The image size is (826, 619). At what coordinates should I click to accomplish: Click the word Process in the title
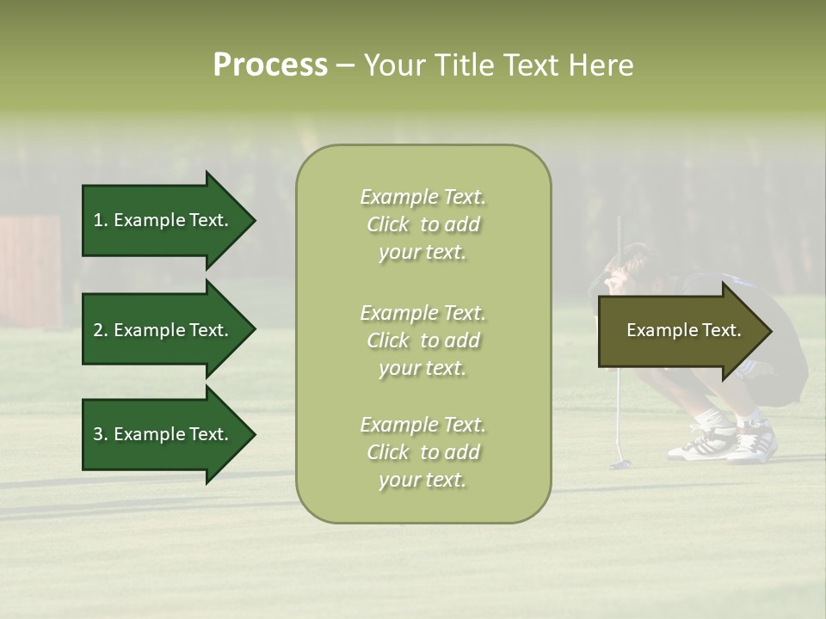[x=270, y=65]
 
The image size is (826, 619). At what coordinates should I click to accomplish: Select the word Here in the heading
[x=601, y=65]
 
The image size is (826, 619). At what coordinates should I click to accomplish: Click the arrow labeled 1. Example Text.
[x=169, y=220]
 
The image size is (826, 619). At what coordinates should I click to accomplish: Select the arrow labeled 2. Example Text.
[x=169, y=329]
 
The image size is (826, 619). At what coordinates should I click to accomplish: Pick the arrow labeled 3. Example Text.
[x=169, y=434]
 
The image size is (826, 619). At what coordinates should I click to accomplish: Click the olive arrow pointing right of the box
[x=685, y=331]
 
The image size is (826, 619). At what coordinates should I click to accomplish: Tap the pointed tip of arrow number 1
[x=256, y=220]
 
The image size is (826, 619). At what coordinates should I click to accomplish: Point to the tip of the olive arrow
[x=773, y=331]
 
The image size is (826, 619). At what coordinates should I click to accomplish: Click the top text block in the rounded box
[x=423, y=224]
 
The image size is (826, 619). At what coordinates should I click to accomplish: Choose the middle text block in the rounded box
[x=423, y=340]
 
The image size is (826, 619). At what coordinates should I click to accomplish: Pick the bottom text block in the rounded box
[x=423, y=452]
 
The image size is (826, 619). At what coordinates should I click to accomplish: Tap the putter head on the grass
[x=620, y=464]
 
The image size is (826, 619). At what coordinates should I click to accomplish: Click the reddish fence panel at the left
[x=30, y=271]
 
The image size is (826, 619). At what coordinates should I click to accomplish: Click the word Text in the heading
[x=531, y=65]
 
